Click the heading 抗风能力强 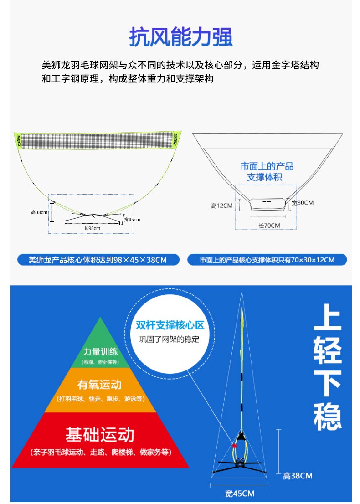(x=181, y=37)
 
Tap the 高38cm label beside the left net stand (x=40, y=212)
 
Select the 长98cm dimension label (x=92, y=228)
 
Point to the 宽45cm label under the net (x=132, y=220)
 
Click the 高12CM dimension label (x=221, y=206)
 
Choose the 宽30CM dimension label (x=302, y=203)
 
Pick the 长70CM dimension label (x=269, y=225)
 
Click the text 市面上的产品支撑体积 (x=267, y=171)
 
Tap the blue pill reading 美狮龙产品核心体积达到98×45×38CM (x=98, y=260)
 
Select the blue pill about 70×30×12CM (x=267, y=260)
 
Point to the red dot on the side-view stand (x=235, y=445)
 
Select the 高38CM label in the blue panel (x=298, y=476)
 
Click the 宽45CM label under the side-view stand (x=239, y=494)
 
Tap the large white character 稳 (x=328, y=416)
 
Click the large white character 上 (x=328, y=317)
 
